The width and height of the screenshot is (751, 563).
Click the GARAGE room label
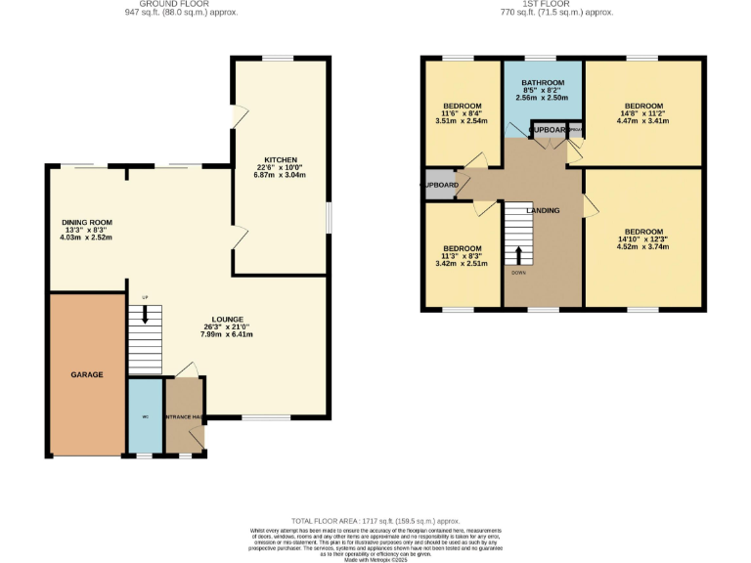(86, 374)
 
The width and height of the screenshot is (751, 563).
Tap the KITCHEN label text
(280, 158)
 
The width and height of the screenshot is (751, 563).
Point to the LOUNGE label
(227, 320)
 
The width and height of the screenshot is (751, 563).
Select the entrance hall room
(184, 417)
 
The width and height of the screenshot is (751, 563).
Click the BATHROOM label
(543, 82)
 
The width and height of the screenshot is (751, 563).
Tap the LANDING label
(543, 210)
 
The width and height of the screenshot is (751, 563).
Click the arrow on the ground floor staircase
(145, 315)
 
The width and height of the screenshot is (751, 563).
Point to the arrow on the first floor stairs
(518, 255)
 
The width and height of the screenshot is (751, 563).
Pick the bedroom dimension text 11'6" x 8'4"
(462, 114)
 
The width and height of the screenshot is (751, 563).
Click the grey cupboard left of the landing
(440, 185)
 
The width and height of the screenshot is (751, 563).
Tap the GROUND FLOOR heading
(181, 5)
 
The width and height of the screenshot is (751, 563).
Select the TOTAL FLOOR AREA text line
(375, 521)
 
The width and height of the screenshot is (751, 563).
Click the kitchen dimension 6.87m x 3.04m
(280, 175)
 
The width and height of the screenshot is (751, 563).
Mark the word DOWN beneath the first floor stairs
(518, 272)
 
